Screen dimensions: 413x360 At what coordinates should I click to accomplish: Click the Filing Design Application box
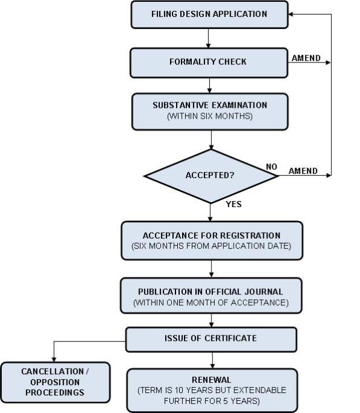point(209,15)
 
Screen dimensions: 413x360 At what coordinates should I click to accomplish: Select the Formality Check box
point(209,62)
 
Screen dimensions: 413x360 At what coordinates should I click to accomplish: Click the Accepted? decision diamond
point(210,176)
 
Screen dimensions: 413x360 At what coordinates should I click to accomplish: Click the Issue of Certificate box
point(211,339)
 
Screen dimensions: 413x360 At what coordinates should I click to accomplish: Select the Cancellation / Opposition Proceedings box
point(56,382)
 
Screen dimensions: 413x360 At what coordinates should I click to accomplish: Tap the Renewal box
point(212,389)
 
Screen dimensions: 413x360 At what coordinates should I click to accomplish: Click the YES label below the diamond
point(234,204)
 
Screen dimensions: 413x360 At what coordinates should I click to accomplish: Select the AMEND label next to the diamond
point(303,171)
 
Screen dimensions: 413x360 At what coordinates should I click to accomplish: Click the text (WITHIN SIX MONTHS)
point(209,116)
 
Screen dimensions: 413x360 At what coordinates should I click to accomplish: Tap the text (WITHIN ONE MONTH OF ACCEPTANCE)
point(211,302)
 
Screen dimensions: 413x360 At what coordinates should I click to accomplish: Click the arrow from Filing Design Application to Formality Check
point(209,38)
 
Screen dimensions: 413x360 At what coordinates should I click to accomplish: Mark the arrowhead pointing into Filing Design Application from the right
point(290,15)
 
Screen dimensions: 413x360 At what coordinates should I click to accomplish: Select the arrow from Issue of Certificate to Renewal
point(211,360)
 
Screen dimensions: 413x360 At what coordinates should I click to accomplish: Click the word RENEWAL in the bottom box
point(211,380)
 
